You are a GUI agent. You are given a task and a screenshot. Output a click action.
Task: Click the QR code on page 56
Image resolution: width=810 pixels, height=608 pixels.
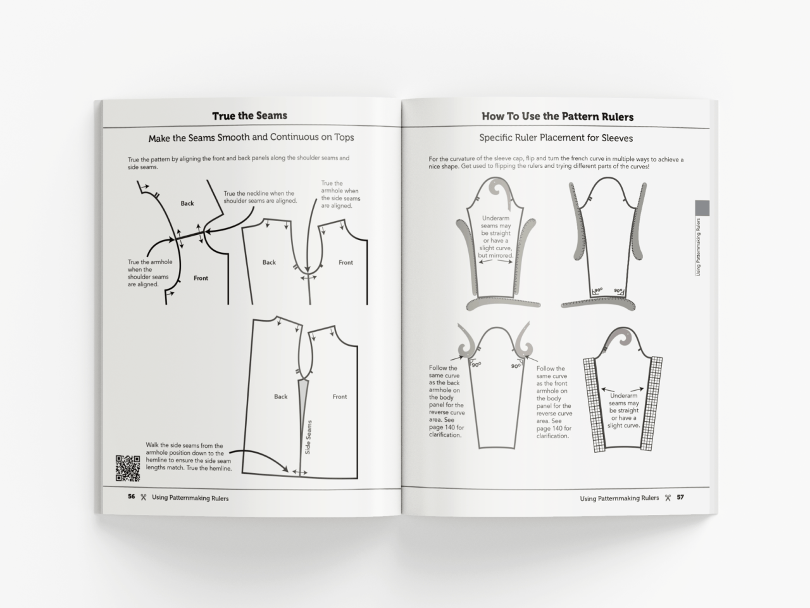(x=127, y=468)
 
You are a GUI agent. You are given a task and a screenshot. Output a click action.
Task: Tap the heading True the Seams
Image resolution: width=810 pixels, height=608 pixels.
(x=249, y=116)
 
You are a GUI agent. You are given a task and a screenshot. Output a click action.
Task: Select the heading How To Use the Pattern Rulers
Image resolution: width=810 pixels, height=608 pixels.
(x=557, y=117)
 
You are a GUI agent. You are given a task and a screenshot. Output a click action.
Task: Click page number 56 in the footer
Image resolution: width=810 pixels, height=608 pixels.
(x=131, y=497)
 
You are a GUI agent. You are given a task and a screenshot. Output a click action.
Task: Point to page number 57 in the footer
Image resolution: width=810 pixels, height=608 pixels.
(x=680, y=498)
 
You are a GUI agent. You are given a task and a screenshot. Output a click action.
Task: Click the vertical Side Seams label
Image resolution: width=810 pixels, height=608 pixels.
(x=308, y=437)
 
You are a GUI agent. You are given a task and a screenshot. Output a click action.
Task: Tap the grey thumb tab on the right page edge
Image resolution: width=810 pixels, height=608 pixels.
(x=702, y=208)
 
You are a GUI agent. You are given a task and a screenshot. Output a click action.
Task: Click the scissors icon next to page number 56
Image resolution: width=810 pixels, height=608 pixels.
(x=144, y=497)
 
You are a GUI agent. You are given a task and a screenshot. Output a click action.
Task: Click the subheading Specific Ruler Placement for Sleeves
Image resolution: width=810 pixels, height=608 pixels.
(x=556, y=138)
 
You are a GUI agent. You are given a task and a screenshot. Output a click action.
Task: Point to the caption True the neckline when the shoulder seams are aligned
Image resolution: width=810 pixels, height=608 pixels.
(x=260, y=197)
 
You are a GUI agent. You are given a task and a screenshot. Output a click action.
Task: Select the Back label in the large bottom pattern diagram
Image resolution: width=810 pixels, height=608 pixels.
(x=281, y=396)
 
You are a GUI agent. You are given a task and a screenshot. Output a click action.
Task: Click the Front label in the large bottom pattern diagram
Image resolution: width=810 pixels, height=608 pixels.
(x=340, y=396)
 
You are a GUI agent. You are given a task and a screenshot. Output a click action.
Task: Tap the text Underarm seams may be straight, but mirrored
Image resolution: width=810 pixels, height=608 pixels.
(x=496, y=237)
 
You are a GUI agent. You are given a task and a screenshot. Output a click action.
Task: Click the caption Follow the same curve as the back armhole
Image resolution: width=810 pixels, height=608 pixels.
(x=446, y=402)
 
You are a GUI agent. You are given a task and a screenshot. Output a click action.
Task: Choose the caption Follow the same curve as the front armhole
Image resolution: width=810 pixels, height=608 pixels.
(x=554, y=402)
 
